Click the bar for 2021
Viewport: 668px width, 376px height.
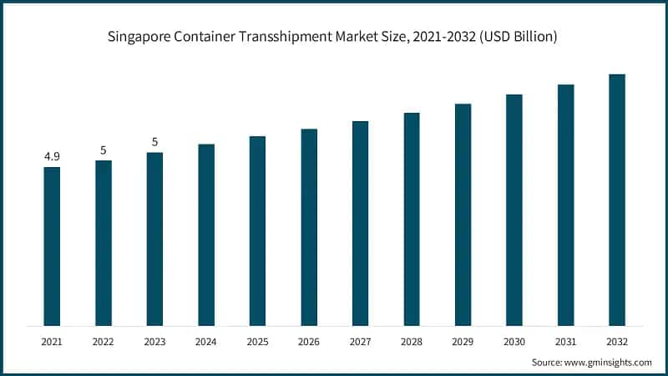(52, 246)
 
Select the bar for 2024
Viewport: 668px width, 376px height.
(206, 235)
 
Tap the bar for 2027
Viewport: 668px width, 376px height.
(360, 223)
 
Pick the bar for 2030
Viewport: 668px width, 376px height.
(514, 210)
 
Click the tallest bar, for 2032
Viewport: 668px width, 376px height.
(617, 200)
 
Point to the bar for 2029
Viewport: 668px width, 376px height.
(463, 215)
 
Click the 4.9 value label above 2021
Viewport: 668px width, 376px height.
(52, 156)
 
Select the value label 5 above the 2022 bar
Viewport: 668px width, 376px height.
(104, 150)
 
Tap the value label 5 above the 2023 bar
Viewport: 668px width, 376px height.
(154, 142)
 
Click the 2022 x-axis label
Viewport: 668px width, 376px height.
(104, 342)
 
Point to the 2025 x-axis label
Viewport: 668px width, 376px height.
(257, 342)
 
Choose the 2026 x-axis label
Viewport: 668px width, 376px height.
(309, 342)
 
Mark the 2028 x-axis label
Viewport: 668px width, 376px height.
(412, 342)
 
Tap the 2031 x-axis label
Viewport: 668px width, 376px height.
(565, 342)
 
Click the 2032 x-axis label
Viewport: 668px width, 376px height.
(617, 342)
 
